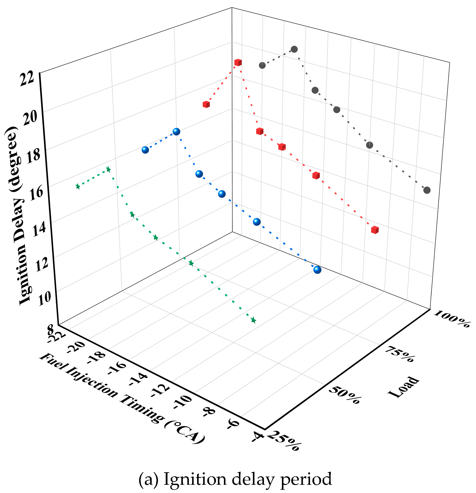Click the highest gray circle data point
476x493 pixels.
(x=294, y=49)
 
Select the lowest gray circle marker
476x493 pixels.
(x=427, y=190)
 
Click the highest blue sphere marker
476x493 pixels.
(x=176, y=132)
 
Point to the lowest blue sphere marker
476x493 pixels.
(x=317, y=270)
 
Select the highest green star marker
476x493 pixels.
(x=108, y=169)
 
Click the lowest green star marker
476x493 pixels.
(x=253, y=320)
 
